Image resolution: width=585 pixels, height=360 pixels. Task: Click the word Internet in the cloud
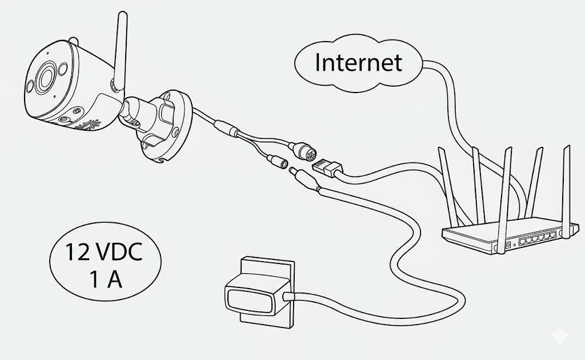359,62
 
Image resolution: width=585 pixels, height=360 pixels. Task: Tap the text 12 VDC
104,252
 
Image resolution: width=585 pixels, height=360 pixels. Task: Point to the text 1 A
106,279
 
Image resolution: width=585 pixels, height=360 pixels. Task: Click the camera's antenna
120,52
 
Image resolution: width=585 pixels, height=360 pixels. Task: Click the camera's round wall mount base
164,125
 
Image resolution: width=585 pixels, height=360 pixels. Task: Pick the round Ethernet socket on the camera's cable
305,150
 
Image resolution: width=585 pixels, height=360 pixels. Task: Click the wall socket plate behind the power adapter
266,293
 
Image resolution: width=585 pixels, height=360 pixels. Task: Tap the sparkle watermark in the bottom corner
560,334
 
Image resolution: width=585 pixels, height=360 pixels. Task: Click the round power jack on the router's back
507,245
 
